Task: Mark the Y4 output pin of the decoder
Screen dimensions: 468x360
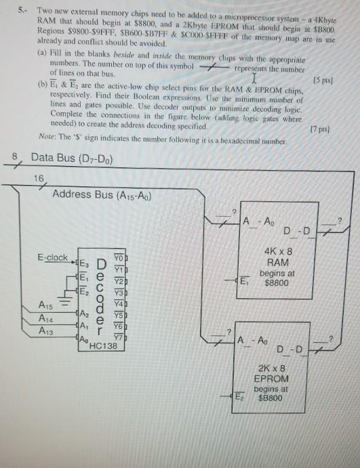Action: point(119,304)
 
